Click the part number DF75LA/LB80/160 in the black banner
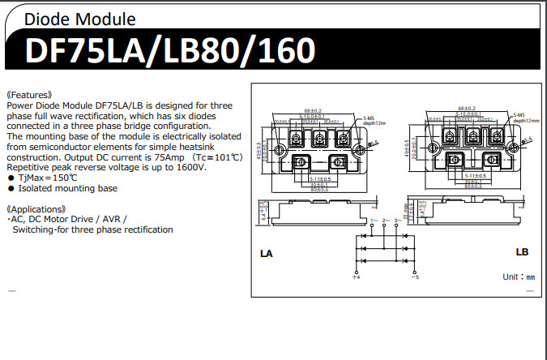[170, 51]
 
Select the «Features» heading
[30, 95]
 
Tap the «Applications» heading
[36, 208]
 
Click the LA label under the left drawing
[267, 254]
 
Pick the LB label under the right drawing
[523, 252]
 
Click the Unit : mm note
[519, 276]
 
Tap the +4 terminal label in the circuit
[356, 278]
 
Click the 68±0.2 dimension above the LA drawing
[313, 109]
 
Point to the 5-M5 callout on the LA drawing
[370, 118]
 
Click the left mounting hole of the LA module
[279, 150]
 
